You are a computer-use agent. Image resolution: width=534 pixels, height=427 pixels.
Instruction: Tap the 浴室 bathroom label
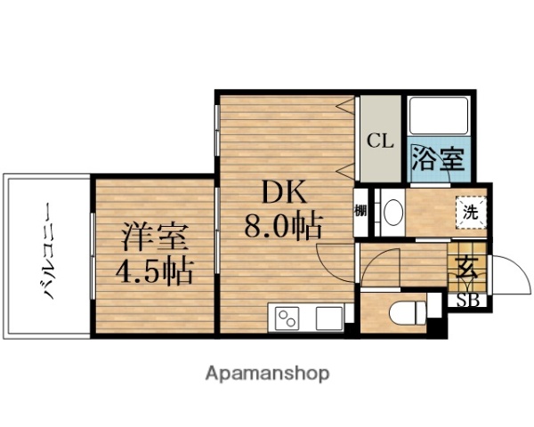(x=437, y=160)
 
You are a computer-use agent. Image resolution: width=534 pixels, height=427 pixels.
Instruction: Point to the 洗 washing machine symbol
(x=468, y=212)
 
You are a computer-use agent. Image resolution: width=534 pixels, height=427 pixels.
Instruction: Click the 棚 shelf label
(x=360, y=212)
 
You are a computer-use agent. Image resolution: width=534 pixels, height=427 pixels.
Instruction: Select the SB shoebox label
(x=468, y=300)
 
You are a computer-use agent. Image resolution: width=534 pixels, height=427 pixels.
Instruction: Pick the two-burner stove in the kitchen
(x=289, y=318)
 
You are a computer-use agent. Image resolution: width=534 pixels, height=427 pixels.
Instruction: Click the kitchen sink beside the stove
(x=328, y=318)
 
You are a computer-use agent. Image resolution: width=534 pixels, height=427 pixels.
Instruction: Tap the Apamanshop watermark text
(x=266, y=373)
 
